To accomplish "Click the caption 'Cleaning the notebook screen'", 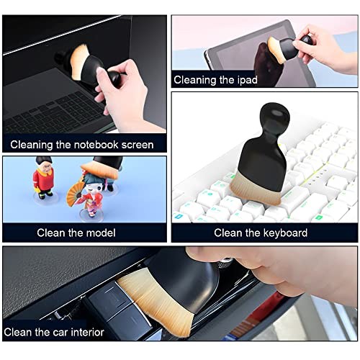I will click(x=81, y=145).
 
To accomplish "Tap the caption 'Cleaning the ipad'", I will click(x=215, y=80).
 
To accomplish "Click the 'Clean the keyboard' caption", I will click(x=261, y=233).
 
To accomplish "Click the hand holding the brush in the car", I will click(x=274, y=270).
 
